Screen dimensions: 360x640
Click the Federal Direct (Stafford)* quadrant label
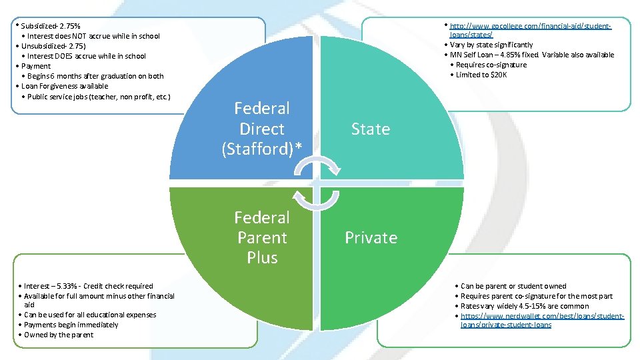pyautogui.click(x=262, y=129)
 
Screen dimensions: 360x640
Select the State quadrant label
pyautogui.click(x=371, y=129)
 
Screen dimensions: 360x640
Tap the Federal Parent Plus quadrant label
pyautogui.click(x=262, y=237)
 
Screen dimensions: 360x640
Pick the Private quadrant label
pyautogui.click(x=371, y=237)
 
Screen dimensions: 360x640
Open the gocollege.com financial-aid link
pyautogui.click(x=530, y=29)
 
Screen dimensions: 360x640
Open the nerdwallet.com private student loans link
pyautogui.click(x=541, y=320)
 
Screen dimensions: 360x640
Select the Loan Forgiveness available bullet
pyautogui.click(x=65, y=86)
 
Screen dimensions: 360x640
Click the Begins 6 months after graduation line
pyautogui.click(x=95, y=76)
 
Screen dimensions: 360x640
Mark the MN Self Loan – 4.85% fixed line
pyautogui.click(x=532, y=55)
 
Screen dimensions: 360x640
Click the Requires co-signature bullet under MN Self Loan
pyautogui.click(x=491, y=65)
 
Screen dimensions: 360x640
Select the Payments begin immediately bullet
pyautogui.click(x=71, y=325)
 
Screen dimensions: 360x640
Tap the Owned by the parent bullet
pyautogui.click(x=59, y=335)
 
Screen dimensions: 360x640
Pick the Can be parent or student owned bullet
pyautogui.click(x=513, y=286)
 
